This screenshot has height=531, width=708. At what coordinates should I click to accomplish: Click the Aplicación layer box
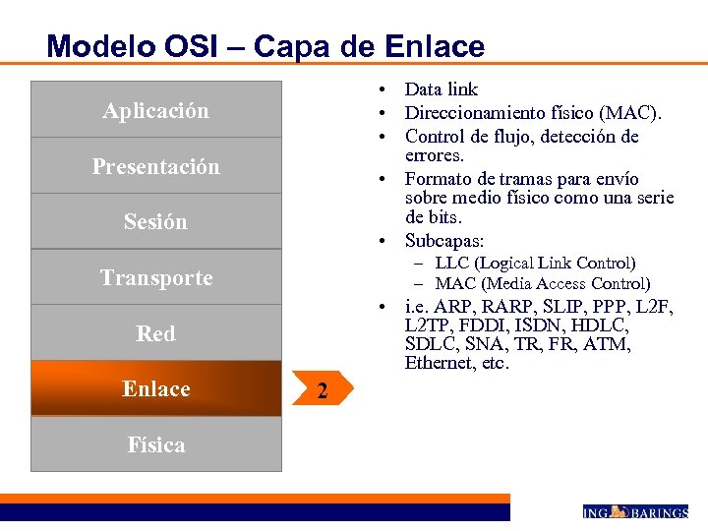155,110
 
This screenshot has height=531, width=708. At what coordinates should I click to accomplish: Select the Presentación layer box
155,166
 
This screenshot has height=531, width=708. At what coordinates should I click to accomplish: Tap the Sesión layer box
155,221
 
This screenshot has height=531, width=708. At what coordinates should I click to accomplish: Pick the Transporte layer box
155,277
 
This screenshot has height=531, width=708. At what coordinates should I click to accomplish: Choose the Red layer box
155,333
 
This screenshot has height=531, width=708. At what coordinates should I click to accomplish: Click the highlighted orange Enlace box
155,388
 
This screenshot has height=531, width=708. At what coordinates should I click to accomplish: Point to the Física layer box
155,444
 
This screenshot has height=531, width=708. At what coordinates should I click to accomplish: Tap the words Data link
441,89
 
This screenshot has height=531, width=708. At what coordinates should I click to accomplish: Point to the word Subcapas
444,240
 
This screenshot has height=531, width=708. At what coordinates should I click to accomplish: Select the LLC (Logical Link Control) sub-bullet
535,263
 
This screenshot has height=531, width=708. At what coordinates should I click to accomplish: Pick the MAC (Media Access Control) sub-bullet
542,283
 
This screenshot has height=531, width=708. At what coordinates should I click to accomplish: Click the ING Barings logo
635,511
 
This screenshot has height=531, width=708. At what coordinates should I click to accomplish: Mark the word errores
435,155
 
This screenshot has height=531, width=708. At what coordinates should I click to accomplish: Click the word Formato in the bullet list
439,179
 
